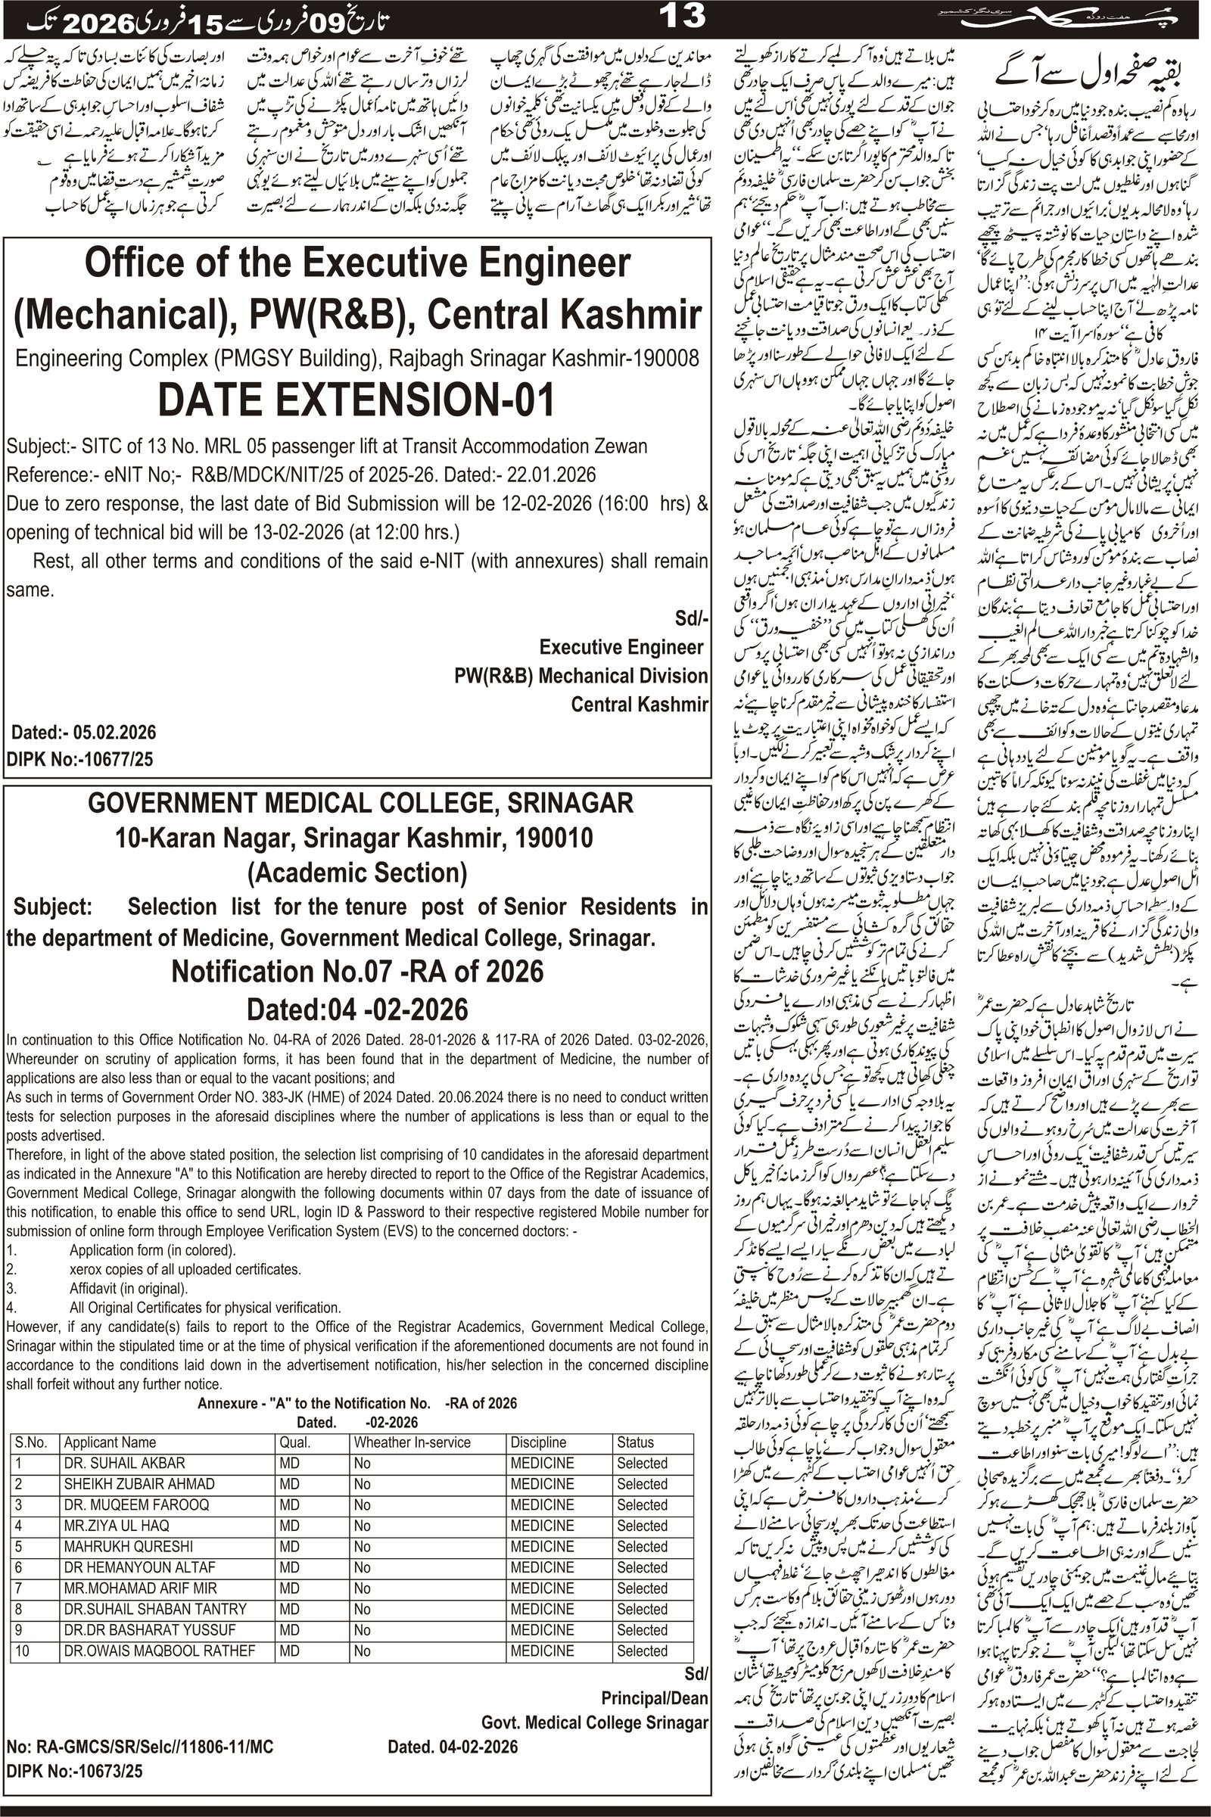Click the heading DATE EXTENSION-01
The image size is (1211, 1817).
point(356,401)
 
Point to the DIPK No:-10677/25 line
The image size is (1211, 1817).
point(79,759)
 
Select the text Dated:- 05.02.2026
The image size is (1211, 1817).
point(83,732)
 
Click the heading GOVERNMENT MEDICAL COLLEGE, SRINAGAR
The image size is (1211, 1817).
point(360,803)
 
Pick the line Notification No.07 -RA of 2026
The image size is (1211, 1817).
point(356,970)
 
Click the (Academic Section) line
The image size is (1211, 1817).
point(356,873)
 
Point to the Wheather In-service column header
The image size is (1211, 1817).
point(412,1442)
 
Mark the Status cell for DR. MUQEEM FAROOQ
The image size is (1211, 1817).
point(642,1505)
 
